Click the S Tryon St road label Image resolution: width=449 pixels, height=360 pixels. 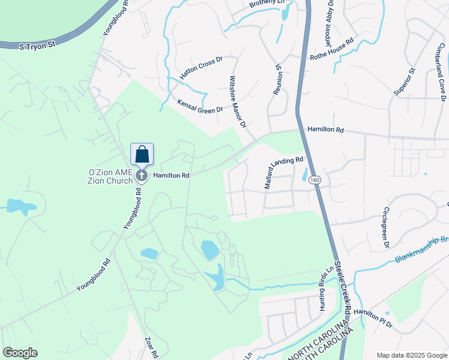37,46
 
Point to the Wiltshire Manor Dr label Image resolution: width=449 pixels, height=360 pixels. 238,102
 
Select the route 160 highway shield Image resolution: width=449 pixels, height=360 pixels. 315,179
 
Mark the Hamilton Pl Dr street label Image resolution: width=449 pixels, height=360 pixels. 372,317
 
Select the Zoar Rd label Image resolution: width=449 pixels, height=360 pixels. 150,347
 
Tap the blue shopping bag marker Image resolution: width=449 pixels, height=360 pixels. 142,155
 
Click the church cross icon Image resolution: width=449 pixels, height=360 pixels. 142,175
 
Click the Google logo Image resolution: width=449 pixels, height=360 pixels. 20,353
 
